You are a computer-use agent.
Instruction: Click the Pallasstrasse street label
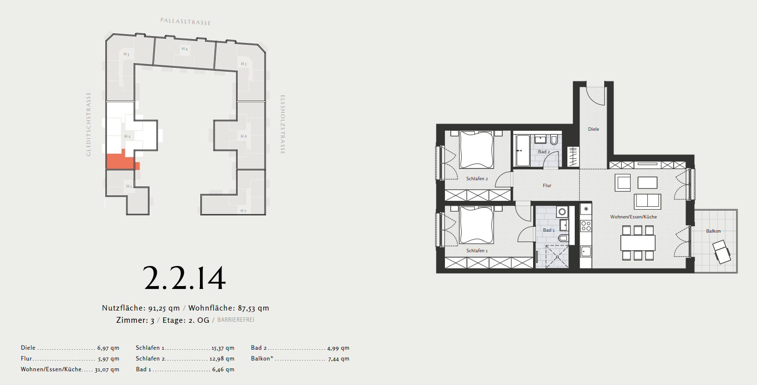[x=186, y=22]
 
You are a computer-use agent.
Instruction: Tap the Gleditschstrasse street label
[x=89, y=124]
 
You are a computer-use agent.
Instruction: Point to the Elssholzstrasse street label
[x=283, y=124]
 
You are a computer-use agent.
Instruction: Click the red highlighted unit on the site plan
[x=121, y=161]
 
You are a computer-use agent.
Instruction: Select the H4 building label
[x=185, y=48]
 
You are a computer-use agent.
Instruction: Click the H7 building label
[x=244, y=211]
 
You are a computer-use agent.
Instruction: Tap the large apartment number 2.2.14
[x=185, y=278]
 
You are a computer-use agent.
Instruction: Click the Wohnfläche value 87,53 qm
[x=253, y=308]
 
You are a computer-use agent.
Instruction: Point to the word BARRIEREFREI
[x=236, y=320]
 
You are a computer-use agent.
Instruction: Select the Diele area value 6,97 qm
[x=108, y=348]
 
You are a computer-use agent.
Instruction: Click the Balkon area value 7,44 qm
[x=339, y=359]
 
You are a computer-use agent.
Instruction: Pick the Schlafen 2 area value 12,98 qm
[x=221, y=359]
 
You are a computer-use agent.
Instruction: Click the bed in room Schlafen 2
[x=477, y=150]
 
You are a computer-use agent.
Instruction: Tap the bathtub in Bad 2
[x=523, y=151]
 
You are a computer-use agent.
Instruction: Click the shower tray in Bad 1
[x=557, y=256]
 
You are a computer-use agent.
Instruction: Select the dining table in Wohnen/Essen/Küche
[x=638, y=242]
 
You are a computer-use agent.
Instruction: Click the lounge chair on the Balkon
[x=722, y=252]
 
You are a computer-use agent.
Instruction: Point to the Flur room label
[x=547, y=186]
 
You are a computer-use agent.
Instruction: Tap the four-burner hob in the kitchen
[x=586, y=226]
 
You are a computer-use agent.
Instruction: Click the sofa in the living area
[x=648, y=201]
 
